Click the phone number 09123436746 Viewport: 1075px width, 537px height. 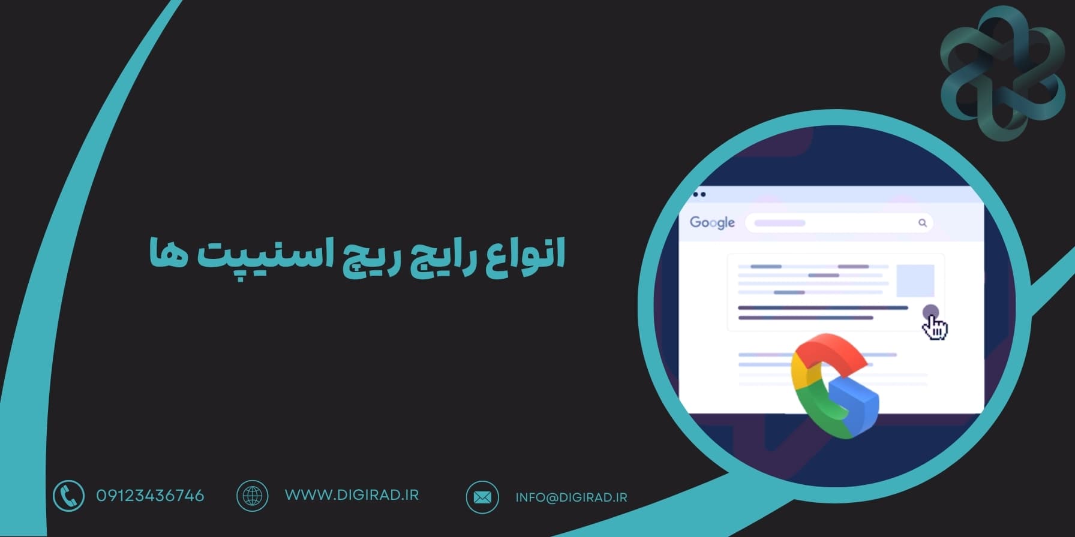150,496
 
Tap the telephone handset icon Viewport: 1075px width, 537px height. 68,496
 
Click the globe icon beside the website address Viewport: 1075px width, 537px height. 252,496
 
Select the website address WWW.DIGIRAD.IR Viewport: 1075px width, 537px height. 352,495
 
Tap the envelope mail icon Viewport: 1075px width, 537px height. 482,497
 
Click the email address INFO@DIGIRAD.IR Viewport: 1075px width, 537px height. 571,497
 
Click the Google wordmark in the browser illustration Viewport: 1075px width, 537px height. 712,222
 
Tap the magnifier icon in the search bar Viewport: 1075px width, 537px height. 923,223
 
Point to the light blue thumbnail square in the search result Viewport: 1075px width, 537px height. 915,280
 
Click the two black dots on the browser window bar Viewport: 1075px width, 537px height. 699,194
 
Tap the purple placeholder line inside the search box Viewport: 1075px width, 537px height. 779,223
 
